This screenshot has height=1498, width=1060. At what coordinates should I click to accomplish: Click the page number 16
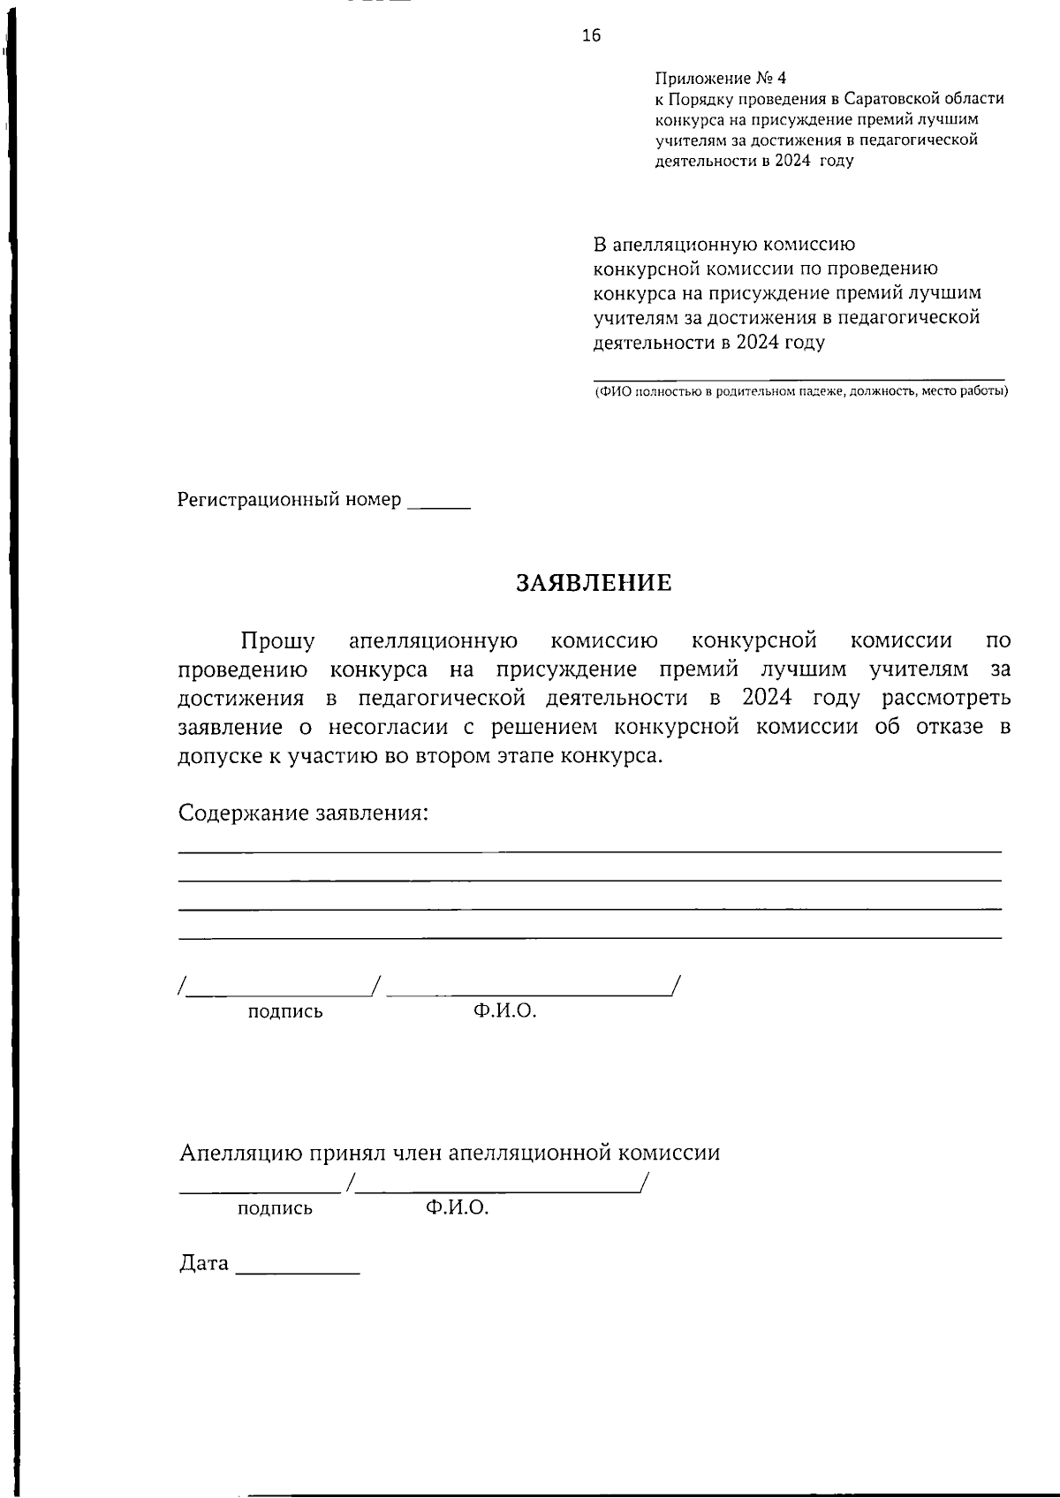coord(591,35)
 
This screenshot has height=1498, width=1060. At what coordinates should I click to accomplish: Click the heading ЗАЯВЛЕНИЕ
coord(594,583)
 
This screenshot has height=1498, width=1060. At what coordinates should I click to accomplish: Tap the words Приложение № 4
coord(720,79)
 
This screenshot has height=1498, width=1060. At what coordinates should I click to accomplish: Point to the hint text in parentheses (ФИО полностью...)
coord(800,390)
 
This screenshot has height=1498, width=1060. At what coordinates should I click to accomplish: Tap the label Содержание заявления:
coord(303,813)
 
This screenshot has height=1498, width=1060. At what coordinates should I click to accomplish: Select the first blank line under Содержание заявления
coord(589,851)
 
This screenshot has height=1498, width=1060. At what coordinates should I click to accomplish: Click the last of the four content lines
coord(589,937)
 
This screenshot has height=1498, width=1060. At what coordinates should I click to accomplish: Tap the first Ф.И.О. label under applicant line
coord(504,1011)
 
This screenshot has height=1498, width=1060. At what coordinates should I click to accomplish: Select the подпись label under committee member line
coord(275,1208)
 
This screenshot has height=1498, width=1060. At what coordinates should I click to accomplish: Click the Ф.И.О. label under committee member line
coord(457,1207)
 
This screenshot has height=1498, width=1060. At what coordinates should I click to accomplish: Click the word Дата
coord(204,1264)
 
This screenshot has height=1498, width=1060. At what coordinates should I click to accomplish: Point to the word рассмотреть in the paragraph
coord(946,698)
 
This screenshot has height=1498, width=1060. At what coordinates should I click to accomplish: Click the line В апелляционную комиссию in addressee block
coord(723,244)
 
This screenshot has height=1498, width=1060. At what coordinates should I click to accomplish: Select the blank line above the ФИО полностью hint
coord(799,378)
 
